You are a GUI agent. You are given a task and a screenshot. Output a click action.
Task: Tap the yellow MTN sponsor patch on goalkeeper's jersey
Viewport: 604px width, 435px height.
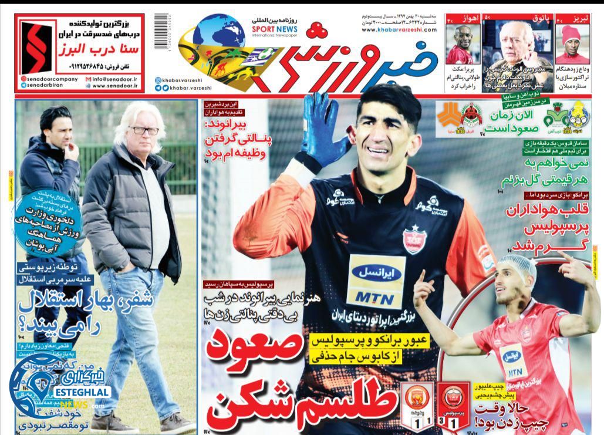pyautogui.click(x=376, y=282)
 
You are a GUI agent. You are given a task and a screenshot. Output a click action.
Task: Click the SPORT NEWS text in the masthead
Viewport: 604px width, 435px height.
pyautogui.click(x=275, y=28)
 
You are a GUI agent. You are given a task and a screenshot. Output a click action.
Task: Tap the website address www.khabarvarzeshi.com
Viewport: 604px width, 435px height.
pyautogui.click(x=399, y=29)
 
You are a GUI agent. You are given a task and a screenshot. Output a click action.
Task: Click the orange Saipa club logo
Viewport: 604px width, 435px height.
pyautogui.click(x=449, y=114)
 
